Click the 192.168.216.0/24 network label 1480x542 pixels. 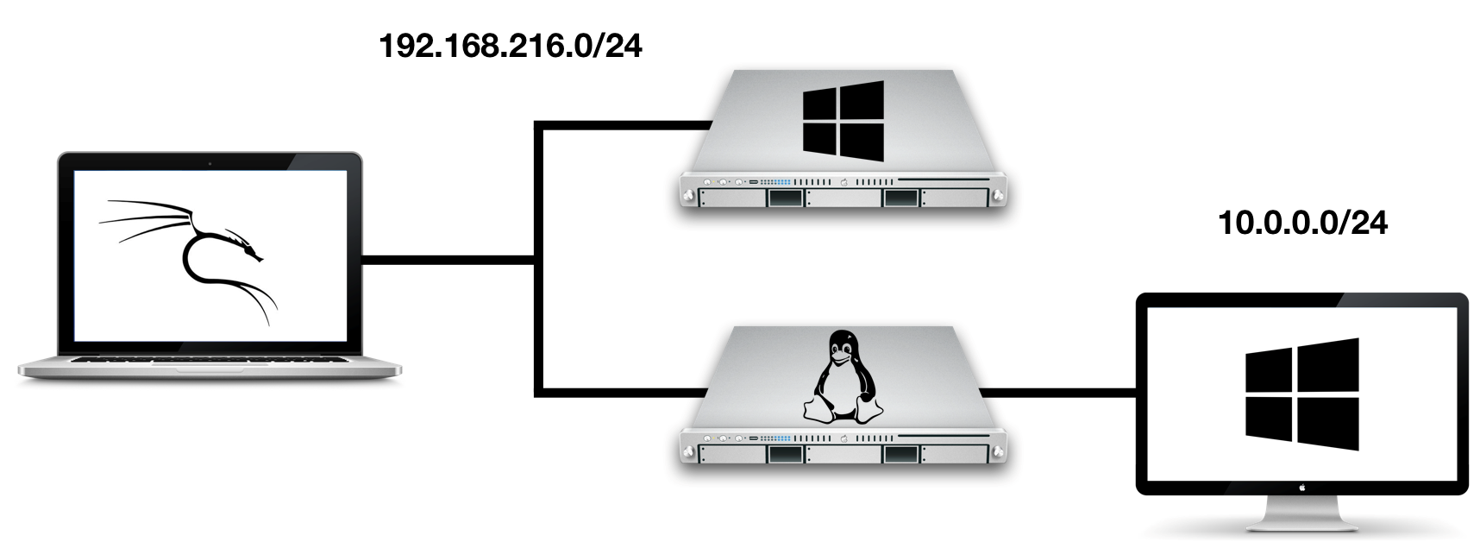point(511,46)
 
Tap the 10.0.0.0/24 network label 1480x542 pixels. point(1302,224)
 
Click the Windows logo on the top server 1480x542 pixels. point(843,122)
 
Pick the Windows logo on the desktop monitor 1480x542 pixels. point(1301,394)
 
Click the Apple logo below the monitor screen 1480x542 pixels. point(1301,487)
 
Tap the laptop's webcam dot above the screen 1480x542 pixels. point(210,162)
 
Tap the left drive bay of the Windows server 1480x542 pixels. point(784,199)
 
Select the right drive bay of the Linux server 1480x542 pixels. point(900,455)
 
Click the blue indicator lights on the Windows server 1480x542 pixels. point(777,183)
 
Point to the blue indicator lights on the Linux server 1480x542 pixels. point(777,438)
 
